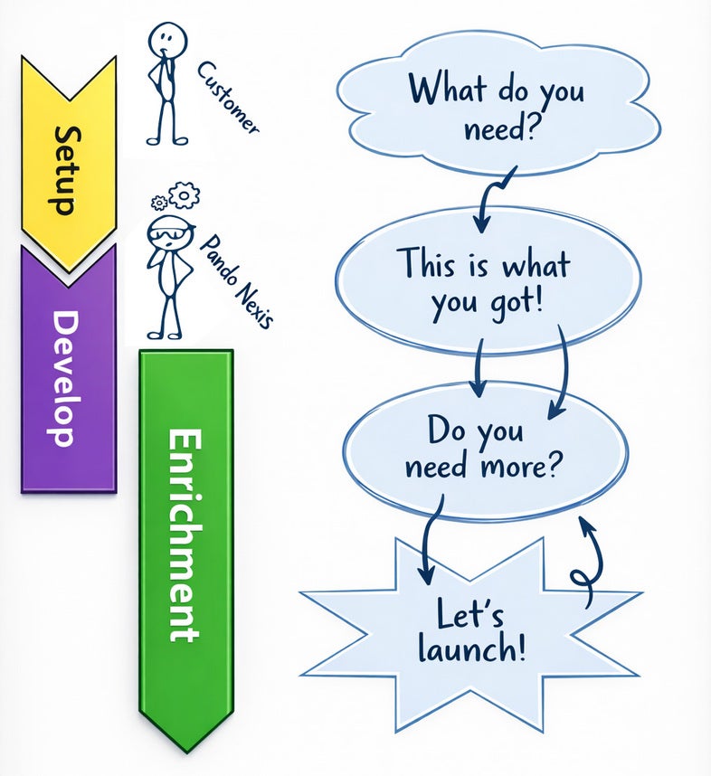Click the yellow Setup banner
click(x=69, y=163)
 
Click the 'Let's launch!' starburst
click(x=470, y=633)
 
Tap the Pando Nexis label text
click(x=234, y=280)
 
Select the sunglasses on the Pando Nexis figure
click(x=167, y=233)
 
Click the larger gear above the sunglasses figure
click(x=185, y=194)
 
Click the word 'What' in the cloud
click(x=445, y=90)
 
